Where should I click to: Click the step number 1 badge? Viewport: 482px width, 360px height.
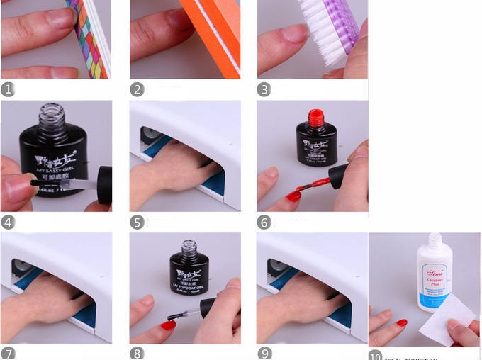click(9, 89)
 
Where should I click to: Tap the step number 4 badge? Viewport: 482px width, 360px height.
click(9, 222)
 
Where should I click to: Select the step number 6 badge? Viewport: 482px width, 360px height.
click(264, 222)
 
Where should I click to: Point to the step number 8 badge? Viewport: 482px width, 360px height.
click(137, 353)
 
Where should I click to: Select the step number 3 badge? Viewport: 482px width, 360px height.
click(264, 89)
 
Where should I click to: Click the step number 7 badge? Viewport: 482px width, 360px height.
click(9, 353)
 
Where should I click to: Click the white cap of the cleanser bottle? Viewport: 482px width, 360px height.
click(434, 242)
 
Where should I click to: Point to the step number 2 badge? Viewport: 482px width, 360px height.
click(137, 89)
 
